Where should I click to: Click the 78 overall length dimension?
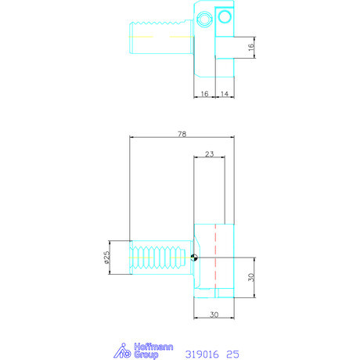click(182, 135)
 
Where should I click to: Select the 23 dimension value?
click(209, 154)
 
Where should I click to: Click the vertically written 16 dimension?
click(250, 47)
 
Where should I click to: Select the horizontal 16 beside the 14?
click(203, 93)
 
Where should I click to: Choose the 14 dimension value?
click(224, 93)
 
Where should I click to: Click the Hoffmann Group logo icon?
click(123, 351)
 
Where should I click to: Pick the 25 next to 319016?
click(232, 353)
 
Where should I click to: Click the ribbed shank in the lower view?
click(160, 257)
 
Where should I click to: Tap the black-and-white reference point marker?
click(195, 257)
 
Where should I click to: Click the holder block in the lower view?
click(214, 274)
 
